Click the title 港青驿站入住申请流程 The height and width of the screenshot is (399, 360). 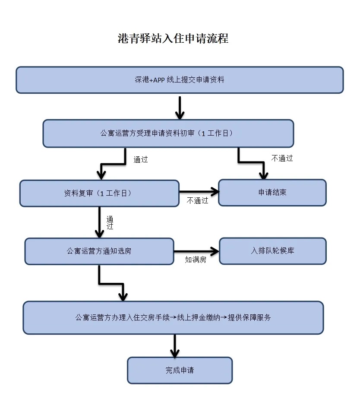pyautogui.click(x=173, y=38)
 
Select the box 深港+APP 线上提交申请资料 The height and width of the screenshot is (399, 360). pyautogui.click(x=180, y=80)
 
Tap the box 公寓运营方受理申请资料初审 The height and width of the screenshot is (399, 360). pyautogui.click(x=168, y=133)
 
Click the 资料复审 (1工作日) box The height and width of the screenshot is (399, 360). pyautogui.click(x=99, y=193)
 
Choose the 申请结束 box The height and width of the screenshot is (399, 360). pyautogui.click(x=272, y=193)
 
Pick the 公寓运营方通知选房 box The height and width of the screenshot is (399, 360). pyautogui.click(x=99, y=251)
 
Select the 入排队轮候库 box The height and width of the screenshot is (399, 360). pyautogui.click(x=273, y=250)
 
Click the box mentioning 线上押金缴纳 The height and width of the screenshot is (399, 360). pyautogui.click(x=173, y=317)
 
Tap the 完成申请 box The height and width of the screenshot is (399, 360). pyautogui.click(x=180, y=370)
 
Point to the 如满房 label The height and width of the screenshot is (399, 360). pyautogui.click(x=195, y=260)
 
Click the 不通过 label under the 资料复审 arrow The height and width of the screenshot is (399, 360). pyautogui.click(x=197, y=201)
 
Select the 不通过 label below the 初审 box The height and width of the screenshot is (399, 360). pyautogui.click(x=282, y=158)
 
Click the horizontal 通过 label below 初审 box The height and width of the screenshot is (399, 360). pyautogui.click(x=141, y=159)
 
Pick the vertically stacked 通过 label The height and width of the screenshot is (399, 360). pyautogui.click(x=110, y=222)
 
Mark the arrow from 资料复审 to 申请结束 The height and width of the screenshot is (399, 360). pyautogui.click(x=199, y=191)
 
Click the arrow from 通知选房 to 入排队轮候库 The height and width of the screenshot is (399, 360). pyautogui.click(x=196, y=251)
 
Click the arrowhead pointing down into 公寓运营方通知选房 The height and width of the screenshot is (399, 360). pyautogui.click(x=100, y=233)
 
